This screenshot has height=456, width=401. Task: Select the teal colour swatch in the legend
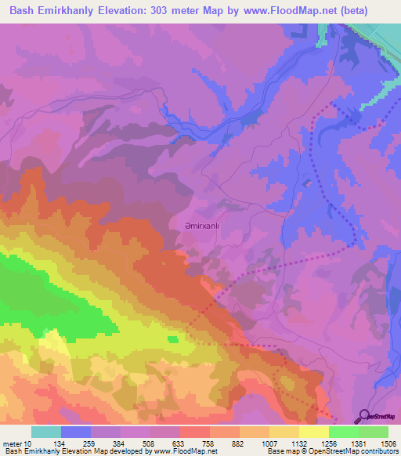pyautogui.click(x=46, y=432)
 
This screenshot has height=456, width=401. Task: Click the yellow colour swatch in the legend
pyautogui.click(x=312, y=432)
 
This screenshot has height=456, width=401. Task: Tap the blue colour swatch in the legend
pyautogui.click(x=76, y=432)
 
